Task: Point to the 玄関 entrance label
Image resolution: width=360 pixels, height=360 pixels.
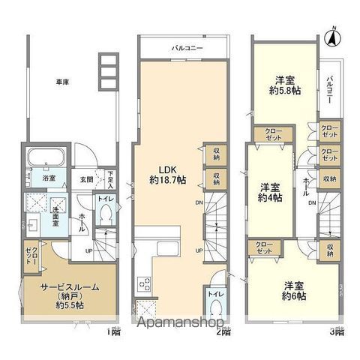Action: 87,179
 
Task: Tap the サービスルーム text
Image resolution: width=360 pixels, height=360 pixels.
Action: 68,287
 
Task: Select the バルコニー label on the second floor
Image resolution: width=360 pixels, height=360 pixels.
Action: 184,47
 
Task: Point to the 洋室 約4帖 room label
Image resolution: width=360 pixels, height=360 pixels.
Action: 269,191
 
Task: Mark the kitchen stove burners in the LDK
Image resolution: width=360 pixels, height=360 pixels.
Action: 144,284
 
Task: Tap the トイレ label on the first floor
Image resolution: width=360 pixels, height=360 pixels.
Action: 103,200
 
